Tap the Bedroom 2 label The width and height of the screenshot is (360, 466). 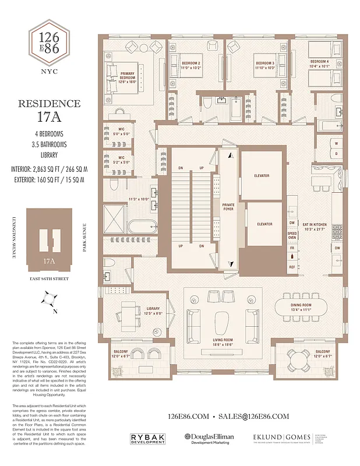191,65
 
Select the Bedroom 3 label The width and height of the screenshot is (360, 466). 264,65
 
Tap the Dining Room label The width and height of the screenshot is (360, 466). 301,307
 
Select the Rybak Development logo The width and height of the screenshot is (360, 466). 146,439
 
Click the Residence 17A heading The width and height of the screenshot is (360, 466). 50,110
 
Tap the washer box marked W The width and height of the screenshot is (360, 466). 336,143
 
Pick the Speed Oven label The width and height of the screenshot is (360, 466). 292,235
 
